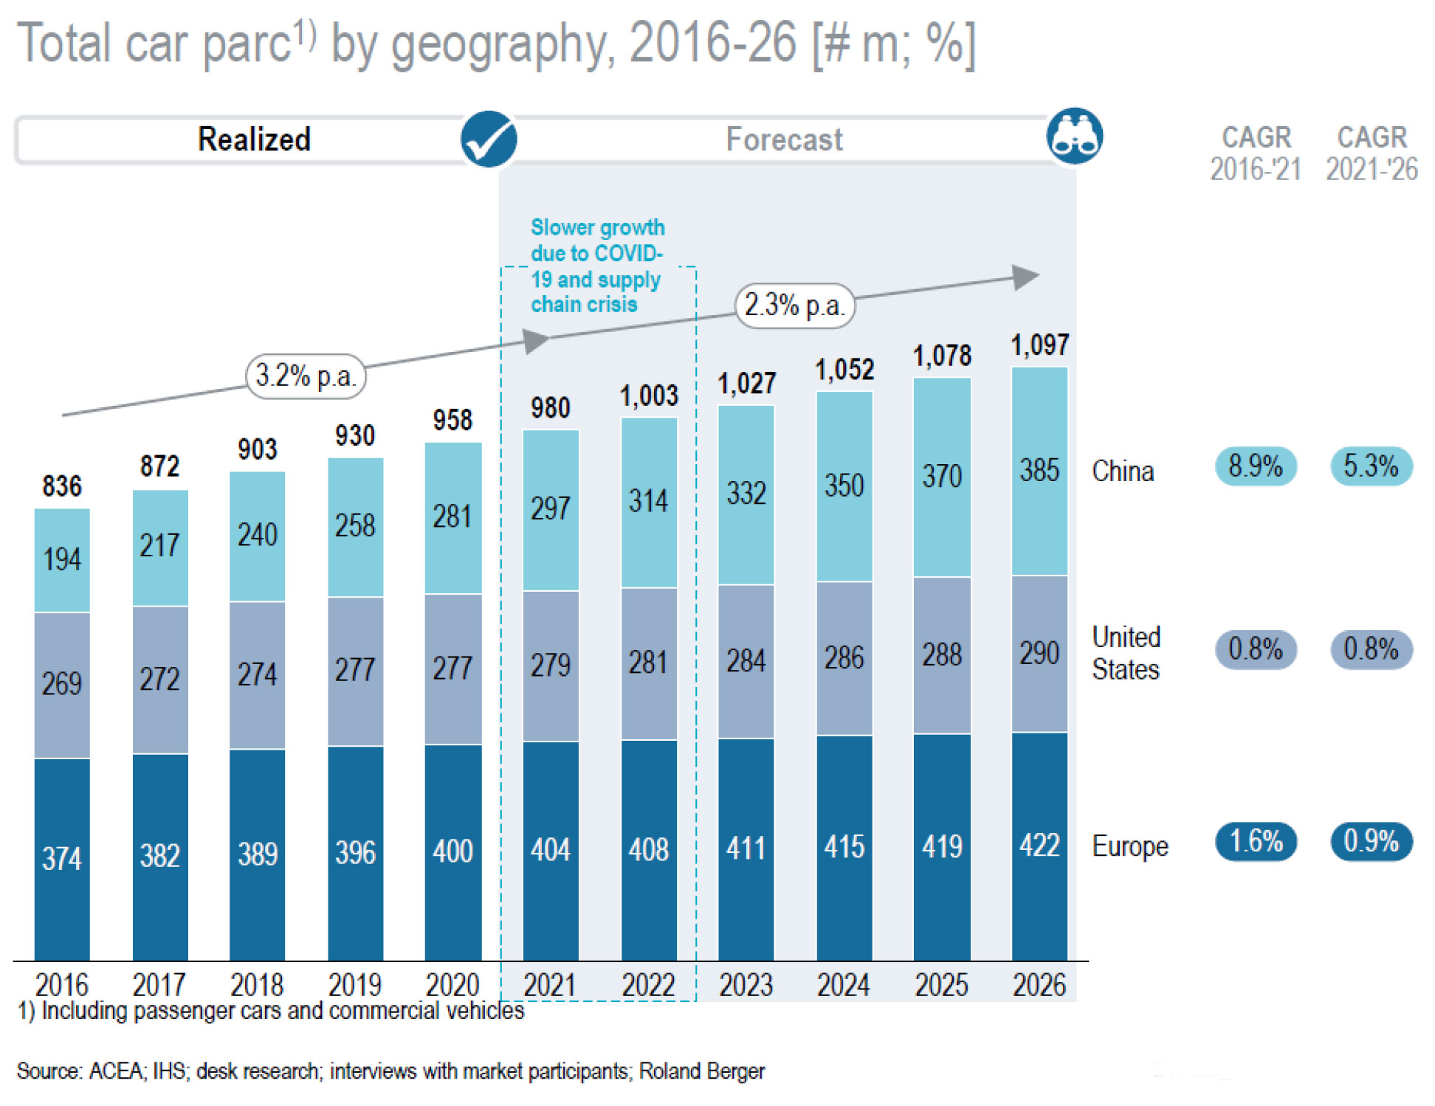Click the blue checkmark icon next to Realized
pyautogui.click(x=488, y=139)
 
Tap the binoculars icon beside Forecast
pyautogui.click(x=1074, y=136)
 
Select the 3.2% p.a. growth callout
pyautogui.click(x=306, y=376)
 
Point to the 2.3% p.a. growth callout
pyautogui.click(x=794, y=305)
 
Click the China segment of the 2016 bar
pyautogui.click(x=62, y=559)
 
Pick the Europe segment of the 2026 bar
pyautogui.click(x=1039, y=846)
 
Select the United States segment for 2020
pyautogui.click(x=452, y=668)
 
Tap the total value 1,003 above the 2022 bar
pyautogui.click(x=649, y=396)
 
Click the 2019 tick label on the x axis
pyautogui.click(x=355, y=985)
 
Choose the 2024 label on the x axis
pyautogui.click(x=844, y=985)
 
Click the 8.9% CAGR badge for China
pyautogui.click(x=1256, y=466)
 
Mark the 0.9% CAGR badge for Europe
pyautogui.click(x=1371, y=841)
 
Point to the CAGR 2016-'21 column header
pyautogui.click(x=1256, y=153)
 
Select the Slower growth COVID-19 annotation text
pyautogui.click(x=597, y=266)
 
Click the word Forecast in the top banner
pyautogui.click(x=784, y=139)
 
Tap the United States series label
pyautogui.click(x=1126, y=653)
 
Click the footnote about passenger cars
pyautogui.click(x=271, y=1011)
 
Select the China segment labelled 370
pyautogui.click(x=942, y=477)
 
